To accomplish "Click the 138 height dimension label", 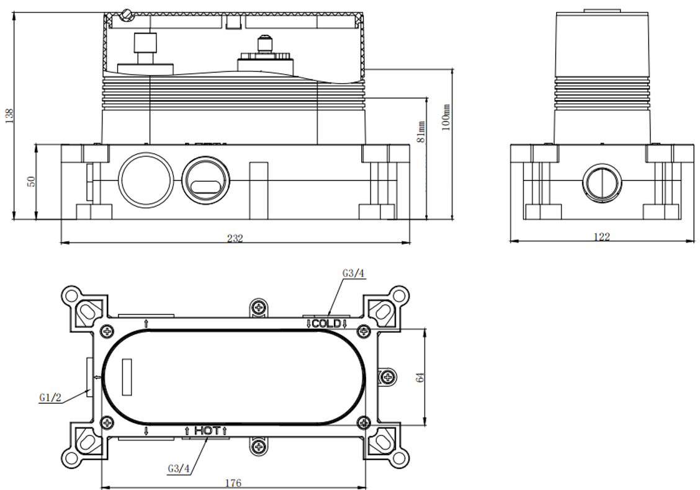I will coord(9,115).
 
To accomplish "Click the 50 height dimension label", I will coord(32,181).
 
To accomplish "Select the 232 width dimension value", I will coord(235,238).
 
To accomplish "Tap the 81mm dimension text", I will coord(422,131).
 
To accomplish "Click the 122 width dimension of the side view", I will coord(601,237).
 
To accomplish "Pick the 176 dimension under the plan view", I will coord(233,483).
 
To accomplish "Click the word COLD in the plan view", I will coord(326,323).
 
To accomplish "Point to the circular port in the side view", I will coord(601,184).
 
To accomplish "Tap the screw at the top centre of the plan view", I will coord(259,307).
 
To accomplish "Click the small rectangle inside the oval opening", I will coord(127,376).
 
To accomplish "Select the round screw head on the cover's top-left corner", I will coord(129,13).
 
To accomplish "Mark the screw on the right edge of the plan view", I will coord(387,376).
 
